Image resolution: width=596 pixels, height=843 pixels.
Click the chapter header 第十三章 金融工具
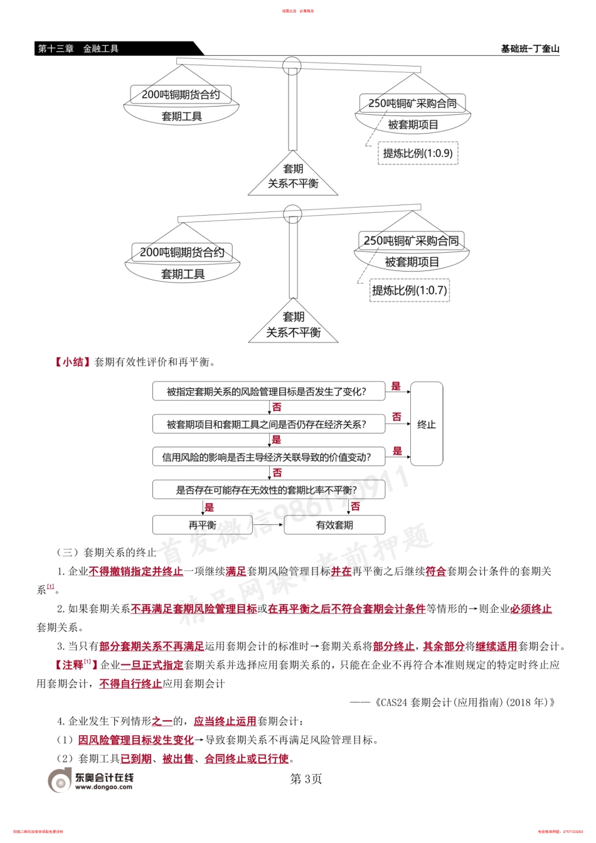tap(78, 49)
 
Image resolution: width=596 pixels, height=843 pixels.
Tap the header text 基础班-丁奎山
tap(529, 49)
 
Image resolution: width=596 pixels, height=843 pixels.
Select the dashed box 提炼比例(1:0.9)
tap(417, 154)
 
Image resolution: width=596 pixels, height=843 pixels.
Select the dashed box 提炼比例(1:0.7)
tap(409, 290)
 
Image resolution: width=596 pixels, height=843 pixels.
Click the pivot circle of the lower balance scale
tap(292, 215)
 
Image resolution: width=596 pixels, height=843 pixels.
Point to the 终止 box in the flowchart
tap(426, 425)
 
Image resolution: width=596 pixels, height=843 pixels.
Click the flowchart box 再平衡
tap(202, 525)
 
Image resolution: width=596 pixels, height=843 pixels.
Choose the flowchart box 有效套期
tap(334, 525)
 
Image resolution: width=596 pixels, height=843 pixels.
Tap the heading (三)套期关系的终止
tap(107, 553)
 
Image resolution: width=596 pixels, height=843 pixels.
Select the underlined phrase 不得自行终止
tap(130, 684)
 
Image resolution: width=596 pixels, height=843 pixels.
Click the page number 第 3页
tap(306, 779)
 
